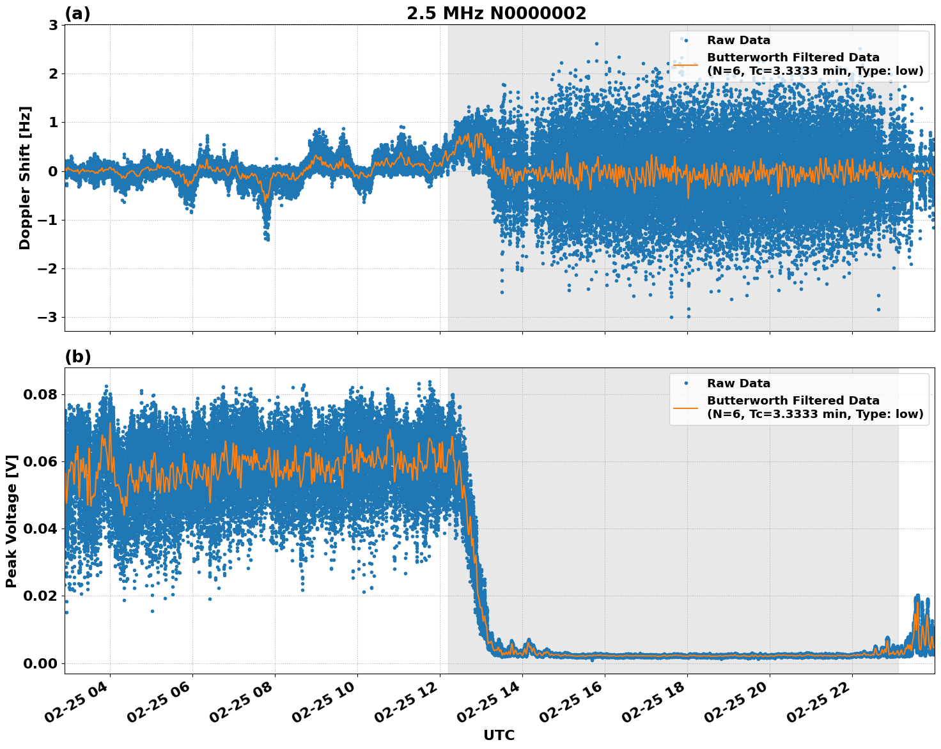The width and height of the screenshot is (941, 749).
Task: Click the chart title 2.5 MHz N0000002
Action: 496,13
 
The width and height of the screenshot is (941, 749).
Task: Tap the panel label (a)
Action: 78,13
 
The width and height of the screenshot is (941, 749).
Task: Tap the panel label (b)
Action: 78,357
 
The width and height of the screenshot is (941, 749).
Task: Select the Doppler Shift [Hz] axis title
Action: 24,178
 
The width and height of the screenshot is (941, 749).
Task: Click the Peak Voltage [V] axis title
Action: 11,521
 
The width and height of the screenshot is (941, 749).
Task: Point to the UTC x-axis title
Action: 499,735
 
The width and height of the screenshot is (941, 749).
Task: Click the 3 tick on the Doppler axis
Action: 54,26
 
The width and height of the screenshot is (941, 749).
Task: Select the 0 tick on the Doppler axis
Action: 54,171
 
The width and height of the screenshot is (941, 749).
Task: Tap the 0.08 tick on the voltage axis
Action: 40,394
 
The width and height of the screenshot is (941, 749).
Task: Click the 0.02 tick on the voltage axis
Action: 40,596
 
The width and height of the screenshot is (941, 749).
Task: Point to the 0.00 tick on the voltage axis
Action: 40,663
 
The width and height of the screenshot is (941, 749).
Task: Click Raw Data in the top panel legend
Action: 738,40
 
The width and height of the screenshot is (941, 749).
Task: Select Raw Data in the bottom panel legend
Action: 738,383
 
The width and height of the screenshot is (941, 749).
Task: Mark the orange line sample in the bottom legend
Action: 685,407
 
